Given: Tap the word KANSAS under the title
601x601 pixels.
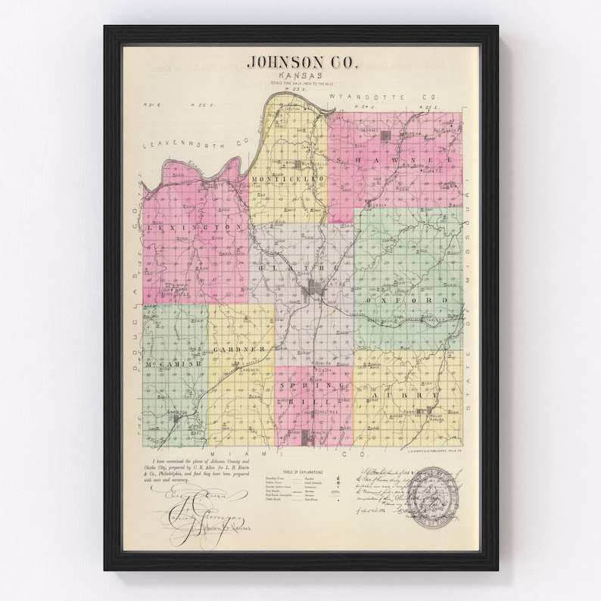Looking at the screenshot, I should (x=297, y=78).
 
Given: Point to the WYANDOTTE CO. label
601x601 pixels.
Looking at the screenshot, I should (x=394, y=98).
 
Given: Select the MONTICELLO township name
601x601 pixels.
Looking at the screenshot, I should (x=288, y=179).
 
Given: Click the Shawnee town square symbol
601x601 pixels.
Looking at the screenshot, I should (x=385, y=135).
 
